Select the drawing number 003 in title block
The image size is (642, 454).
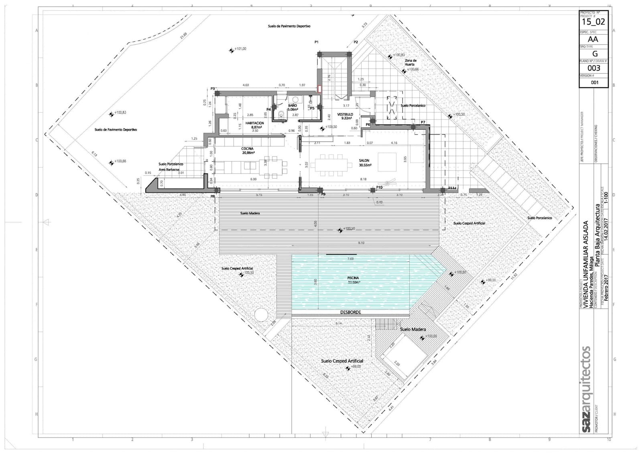(593, 68)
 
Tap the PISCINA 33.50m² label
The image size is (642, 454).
(354, 280)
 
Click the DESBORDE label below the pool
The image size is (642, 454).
(350, 312)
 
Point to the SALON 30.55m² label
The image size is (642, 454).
(365, 163)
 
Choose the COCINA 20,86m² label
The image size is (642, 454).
(248, 151)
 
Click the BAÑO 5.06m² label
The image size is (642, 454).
(292, 107)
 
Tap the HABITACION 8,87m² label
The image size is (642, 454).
(255, 125)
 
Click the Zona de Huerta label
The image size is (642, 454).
(410, 62)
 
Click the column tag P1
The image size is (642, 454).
(316, 42)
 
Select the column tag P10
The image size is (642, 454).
(379, 187)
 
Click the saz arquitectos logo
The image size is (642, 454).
(585, 389)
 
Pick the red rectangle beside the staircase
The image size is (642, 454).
(319, 89)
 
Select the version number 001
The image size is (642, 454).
(594, 82)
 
